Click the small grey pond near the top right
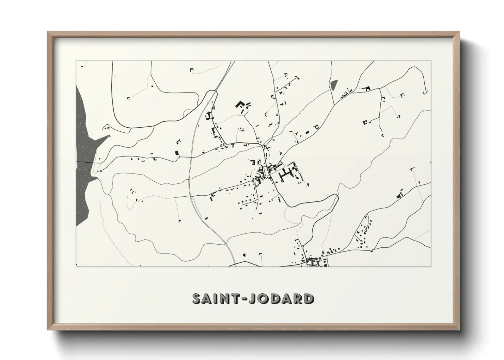point(333,85)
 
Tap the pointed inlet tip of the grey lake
point(110,136)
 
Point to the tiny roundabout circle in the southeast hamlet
point(361,241)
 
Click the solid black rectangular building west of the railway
point(177,153)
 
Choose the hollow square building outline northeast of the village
point(317,127)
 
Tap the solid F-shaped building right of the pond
point(366,88)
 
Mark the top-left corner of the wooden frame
point(48,32)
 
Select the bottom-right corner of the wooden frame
point(459,330)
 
